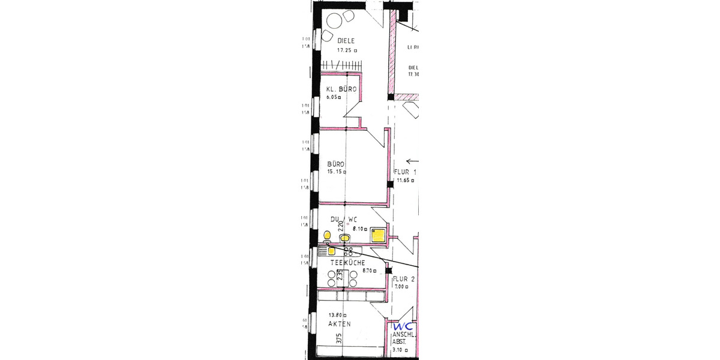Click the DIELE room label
pos(345,41)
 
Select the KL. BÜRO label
pos(341,89)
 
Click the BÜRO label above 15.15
pos(335,163)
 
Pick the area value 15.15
pos(335,172)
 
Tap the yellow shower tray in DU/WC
pos(378,235)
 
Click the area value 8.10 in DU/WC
pos(359,229)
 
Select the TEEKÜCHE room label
pos(347,263)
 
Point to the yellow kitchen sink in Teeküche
pos(331,251)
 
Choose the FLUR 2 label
pos(404,280)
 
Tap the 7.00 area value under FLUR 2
pos(400,287)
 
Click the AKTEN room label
pos(339,324)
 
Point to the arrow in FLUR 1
pos(412,160)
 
